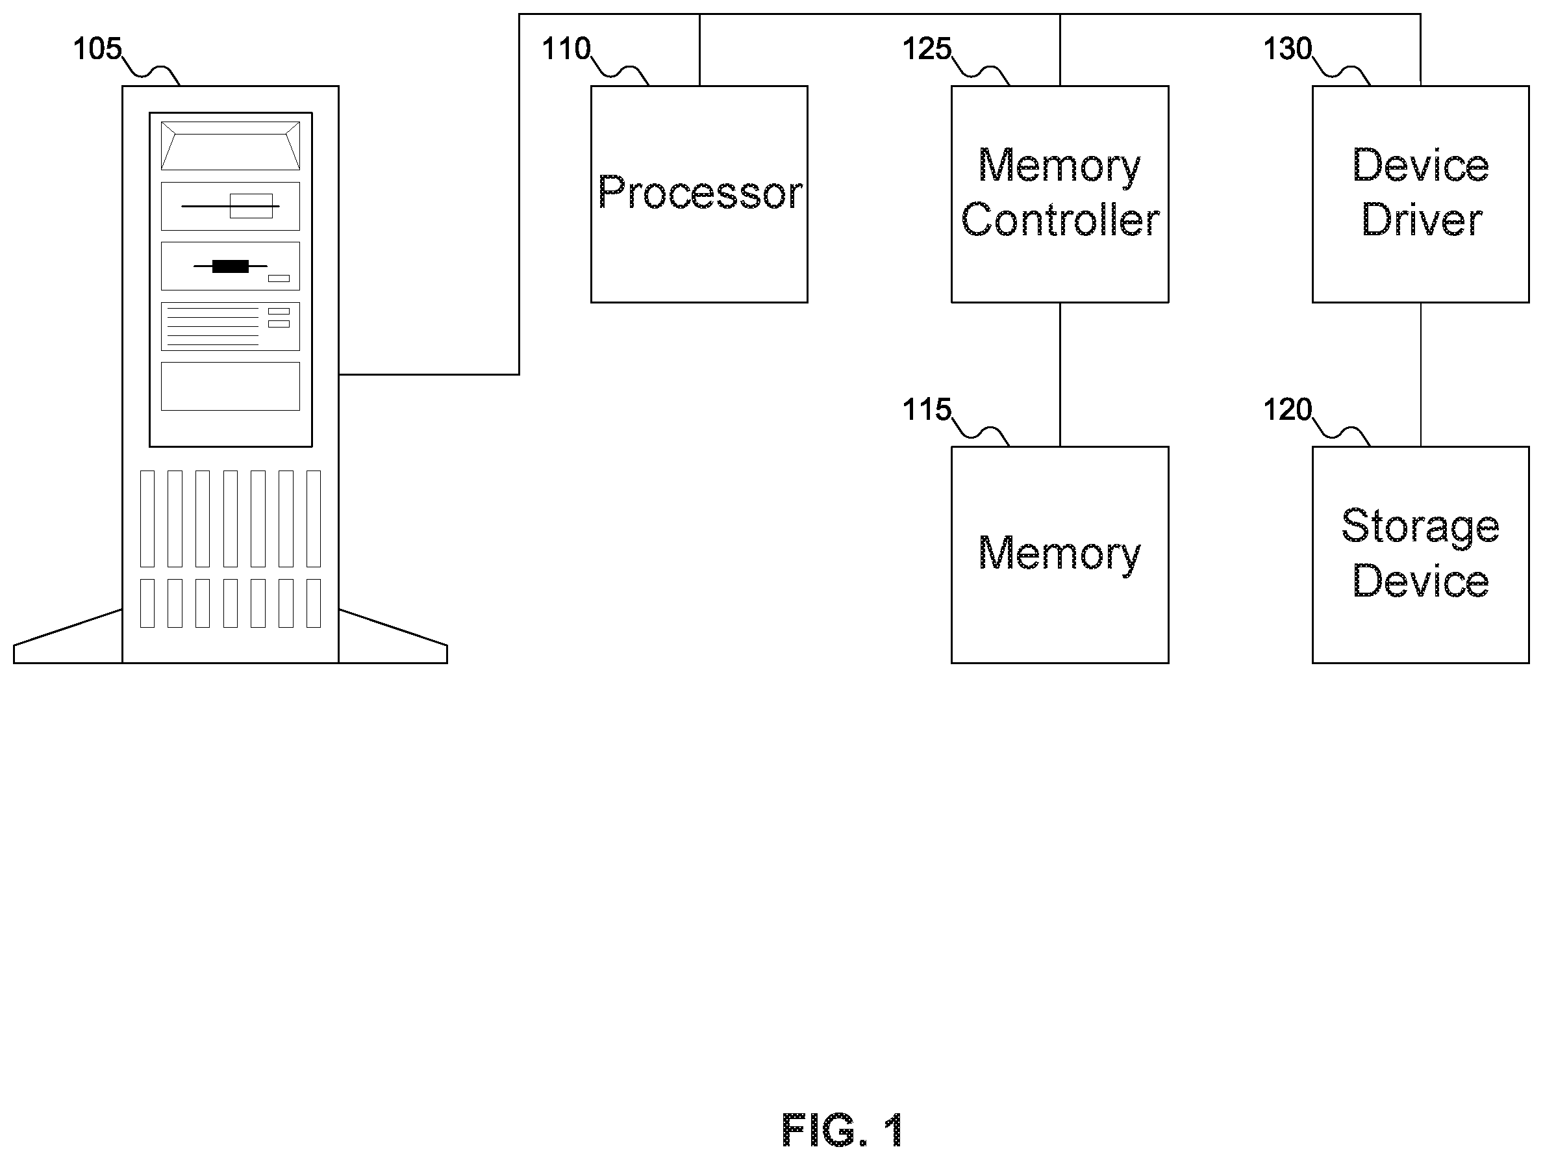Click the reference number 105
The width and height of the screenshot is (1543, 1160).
click(x=97, y=49)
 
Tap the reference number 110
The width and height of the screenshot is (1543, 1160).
click(x=566, y=49)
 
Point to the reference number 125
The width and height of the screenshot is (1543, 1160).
click(x=927, y=49)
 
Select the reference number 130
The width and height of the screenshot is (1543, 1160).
click(x=1288, y=49)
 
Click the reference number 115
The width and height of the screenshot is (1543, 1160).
click(x=927, y=409)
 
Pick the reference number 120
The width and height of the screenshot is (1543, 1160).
click(x=1288, y=409)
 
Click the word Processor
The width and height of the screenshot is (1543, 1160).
click(x=699, y=192)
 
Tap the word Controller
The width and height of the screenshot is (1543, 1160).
click(x=1060, y=220)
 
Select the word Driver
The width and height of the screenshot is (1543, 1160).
click(x=1422, y=220)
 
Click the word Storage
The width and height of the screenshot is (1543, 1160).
click(x=1420, y=528)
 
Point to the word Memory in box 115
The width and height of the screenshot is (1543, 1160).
click(x=1060, y=554)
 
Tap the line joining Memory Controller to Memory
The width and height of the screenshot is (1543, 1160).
click(x=1060, y=375)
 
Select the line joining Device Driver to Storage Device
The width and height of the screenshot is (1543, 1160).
click(x=1421, y=375)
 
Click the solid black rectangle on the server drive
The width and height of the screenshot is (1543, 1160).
click(x=230, y=266)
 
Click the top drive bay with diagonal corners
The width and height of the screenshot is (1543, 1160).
click(x=230, y=146)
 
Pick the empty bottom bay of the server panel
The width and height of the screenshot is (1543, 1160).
click(x=230, y=386)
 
